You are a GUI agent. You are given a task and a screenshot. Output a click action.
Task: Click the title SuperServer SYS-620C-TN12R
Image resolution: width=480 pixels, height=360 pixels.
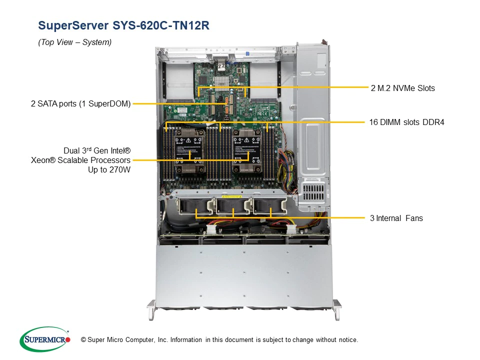(x=123, y=25)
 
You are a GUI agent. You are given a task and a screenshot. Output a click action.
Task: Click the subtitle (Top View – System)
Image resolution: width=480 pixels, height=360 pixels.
(x=74, y=42)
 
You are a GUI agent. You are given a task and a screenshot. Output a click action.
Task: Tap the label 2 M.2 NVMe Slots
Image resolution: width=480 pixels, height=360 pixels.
(x=402, y=88)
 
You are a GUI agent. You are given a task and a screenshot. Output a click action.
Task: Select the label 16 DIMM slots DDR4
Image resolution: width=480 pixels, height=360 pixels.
(x=406, y=122)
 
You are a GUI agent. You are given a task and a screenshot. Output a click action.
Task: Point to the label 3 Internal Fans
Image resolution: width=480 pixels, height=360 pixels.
(x=396, y=218)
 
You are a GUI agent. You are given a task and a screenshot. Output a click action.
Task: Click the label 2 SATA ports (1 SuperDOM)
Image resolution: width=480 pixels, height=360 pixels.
(x=81, y=104)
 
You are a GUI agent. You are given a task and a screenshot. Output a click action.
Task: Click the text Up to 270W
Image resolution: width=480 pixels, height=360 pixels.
(x=109, y=169)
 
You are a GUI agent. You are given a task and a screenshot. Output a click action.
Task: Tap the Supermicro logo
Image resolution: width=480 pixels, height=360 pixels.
(x=45, y=339)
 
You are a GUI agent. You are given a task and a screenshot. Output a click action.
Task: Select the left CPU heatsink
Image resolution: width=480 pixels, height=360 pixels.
(x=189, y=150)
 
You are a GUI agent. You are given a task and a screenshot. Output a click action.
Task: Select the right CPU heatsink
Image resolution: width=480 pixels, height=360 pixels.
(x=247, y=150)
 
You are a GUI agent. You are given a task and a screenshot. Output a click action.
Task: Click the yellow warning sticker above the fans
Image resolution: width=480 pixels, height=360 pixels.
(x=231, y=196)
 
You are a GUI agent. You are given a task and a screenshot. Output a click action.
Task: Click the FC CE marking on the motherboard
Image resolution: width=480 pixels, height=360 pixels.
(x=262, y=114)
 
